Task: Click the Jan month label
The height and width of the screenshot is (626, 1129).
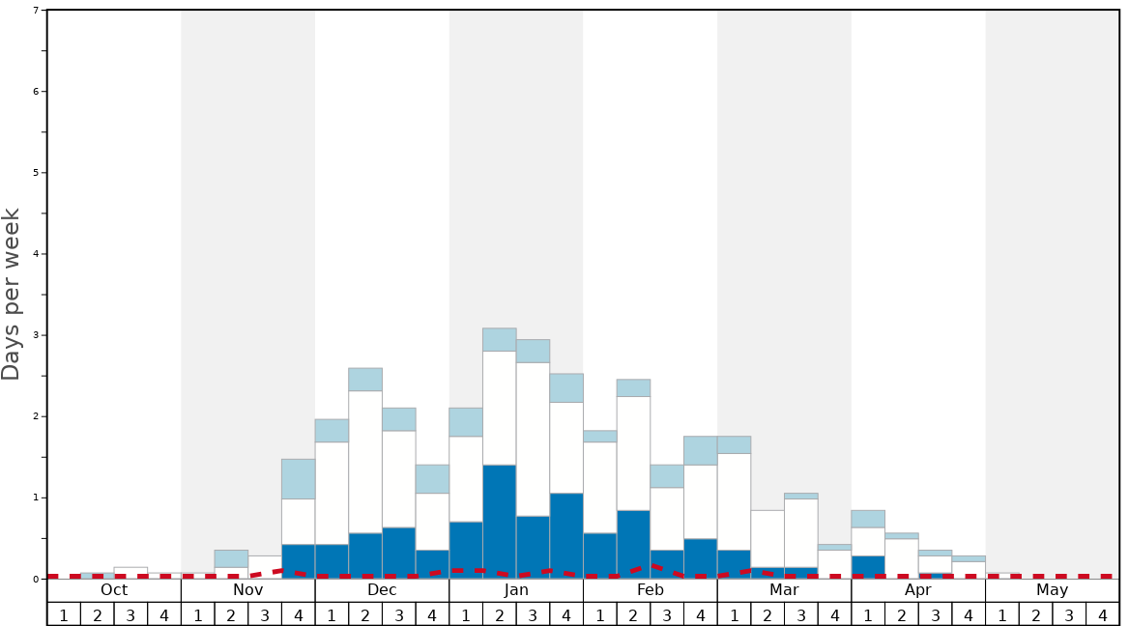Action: tap(516, 590)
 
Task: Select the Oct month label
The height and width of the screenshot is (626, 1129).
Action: tap(114, 590)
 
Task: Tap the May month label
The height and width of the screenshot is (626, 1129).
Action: tap(1052, 590)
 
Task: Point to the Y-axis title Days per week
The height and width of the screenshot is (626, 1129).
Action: tap(12, 295)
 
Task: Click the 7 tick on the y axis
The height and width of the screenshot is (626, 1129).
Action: tap(36, 11)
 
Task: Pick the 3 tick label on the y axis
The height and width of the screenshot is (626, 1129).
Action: tap(36, 335)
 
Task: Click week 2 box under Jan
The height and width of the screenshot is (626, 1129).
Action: tap(500, 614)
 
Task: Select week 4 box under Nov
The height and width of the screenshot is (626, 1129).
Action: tap(299, 614)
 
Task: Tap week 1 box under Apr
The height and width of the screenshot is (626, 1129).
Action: tap(868, 614)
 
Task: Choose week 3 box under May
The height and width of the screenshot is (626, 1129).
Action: tap(1069, 614)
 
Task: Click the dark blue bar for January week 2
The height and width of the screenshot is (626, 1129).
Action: tap(500, 522)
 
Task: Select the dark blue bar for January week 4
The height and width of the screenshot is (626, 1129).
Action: tap(566, 535)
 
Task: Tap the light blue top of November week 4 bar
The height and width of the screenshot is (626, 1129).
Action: tap(299, 479)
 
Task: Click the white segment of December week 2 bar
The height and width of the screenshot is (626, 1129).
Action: tap(365, 462)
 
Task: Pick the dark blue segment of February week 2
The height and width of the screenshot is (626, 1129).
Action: tap(633, 544)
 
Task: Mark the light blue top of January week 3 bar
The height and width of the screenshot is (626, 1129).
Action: tap(533, 351)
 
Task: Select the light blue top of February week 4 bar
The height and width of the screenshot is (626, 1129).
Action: tap(701, 450)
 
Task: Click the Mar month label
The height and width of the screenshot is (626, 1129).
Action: tap(784, 590)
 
